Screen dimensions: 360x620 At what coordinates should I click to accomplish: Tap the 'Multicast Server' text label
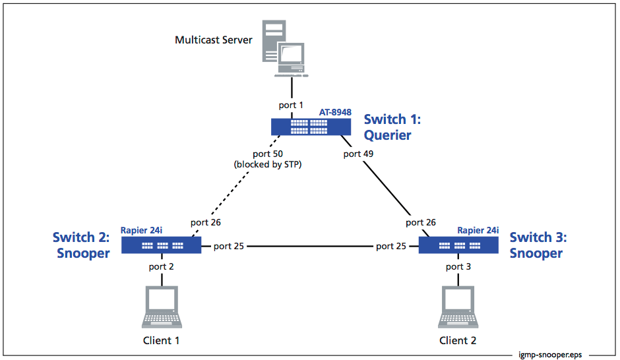tap(213, 40)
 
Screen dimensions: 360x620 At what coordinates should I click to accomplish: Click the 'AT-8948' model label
tap(336, 113)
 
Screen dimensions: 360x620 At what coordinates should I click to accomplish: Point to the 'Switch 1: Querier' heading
tap(392, 127)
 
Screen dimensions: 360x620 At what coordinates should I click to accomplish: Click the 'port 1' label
tap(291, 104)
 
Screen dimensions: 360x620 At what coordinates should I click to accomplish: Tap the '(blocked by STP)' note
tap(267, 164)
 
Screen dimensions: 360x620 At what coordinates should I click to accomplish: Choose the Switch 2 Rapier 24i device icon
tap(161, 245)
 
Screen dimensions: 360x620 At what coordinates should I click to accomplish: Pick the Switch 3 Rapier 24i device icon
tap(459, 245)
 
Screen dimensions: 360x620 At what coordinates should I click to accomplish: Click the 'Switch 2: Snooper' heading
tap(81, 245)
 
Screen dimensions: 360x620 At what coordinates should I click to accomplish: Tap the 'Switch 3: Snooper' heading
tap(538, 245)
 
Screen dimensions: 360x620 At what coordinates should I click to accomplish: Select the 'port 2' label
tap(162, 266)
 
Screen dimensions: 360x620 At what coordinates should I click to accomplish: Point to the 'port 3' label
tap(458, 266)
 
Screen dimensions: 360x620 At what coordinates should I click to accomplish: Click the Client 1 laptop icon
tap(162, 308)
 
